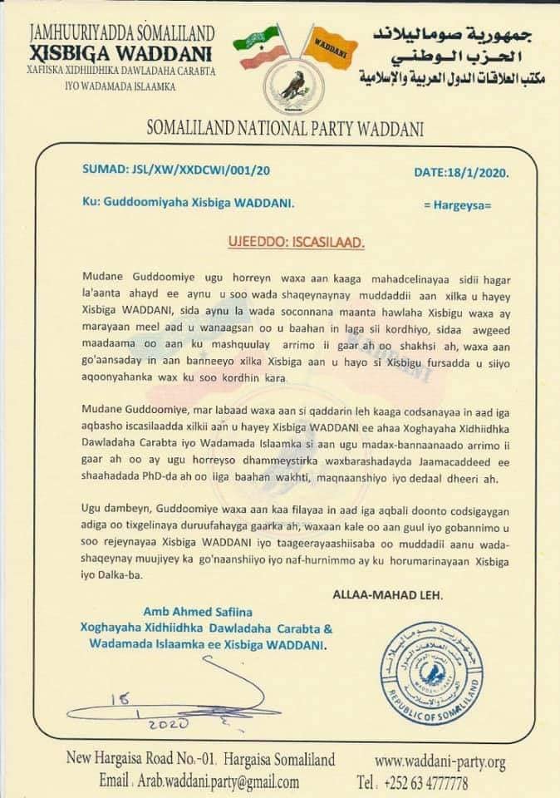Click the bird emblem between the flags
[x=291, y=90]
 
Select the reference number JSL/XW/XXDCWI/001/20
[x=176, y=170]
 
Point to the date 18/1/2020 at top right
[x=460, y=172]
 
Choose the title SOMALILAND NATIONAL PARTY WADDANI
[x=285, y=129]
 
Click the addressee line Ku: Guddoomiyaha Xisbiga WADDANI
[x=188, y=203]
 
